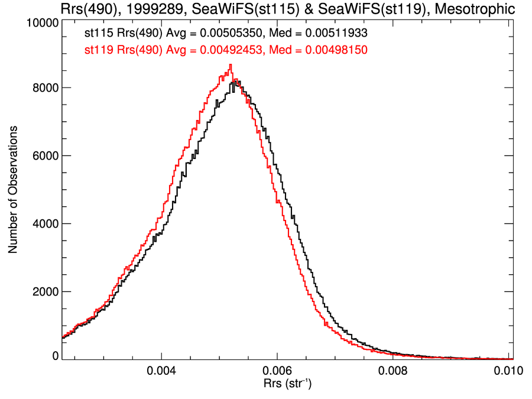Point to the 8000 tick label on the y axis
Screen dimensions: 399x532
[44, 88]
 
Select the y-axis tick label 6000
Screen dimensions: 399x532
[44, 156]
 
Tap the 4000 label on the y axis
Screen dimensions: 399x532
[44, 224]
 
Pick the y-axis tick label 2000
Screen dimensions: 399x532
[44, 292]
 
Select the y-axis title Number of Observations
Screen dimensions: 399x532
[12, 189]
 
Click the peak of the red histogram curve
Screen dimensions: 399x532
[230, 64]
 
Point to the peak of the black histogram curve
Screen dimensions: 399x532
[237, 82]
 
